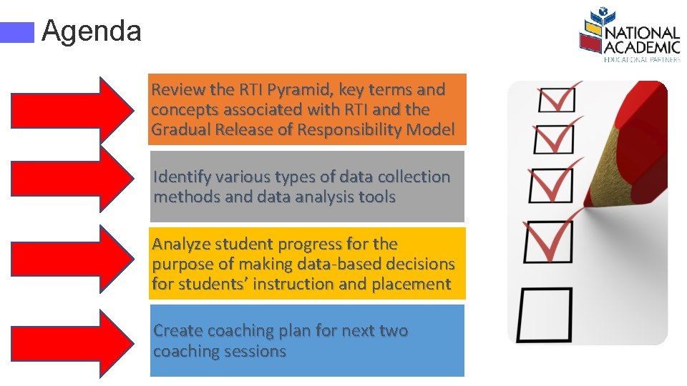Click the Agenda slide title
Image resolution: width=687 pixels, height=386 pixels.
92,31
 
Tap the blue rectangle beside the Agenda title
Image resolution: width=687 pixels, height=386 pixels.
17,32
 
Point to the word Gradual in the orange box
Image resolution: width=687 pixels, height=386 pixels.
180,130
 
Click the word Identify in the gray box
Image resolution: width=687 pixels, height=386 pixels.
182,177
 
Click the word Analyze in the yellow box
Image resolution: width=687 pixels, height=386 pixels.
182,244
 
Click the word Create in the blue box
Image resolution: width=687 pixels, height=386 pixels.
177,331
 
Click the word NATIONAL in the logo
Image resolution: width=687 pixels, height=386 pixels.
642,34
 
